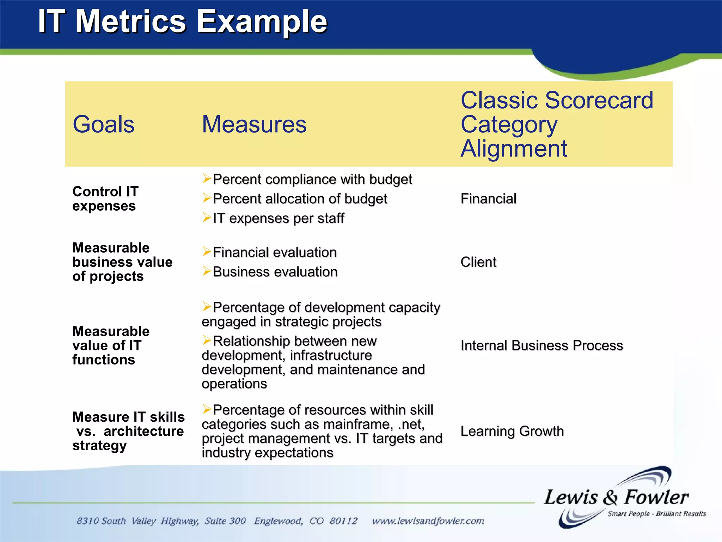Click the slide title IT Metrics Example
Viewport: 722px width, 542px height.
click(183, 22)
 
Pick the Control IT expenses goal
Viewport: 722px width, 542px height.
click(105, 199)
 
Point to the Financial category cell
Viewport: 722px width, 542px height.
click(488, 199)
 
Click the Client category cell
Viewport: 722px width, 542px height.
click(478, 262)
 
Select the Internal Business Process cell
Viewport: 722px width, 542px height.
click(541, 345)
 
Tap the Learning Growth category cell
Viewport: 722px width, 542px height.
click(512, 431)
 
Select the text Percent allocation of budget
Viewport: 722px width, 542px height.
click(300, 199)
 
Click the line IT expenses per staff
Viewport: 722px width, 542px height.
click(278, 218)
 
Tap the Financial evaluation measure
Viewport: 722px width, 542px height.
click(275, 252)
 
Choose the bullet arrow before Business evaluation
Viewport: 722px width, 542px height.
click(207, 271)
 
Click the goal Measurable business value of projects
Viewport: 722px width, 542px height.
click(122, 262)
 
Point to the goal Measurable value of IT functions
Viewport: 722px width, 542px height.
click(111, 345)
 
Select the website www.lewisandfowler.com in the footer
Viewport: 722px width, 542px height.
click(428, 521)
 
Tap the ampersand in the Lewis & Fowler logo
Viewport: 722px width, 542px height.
click(610, 498)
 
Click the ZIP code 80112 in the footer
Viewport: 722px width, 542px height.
click(343, 521)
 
